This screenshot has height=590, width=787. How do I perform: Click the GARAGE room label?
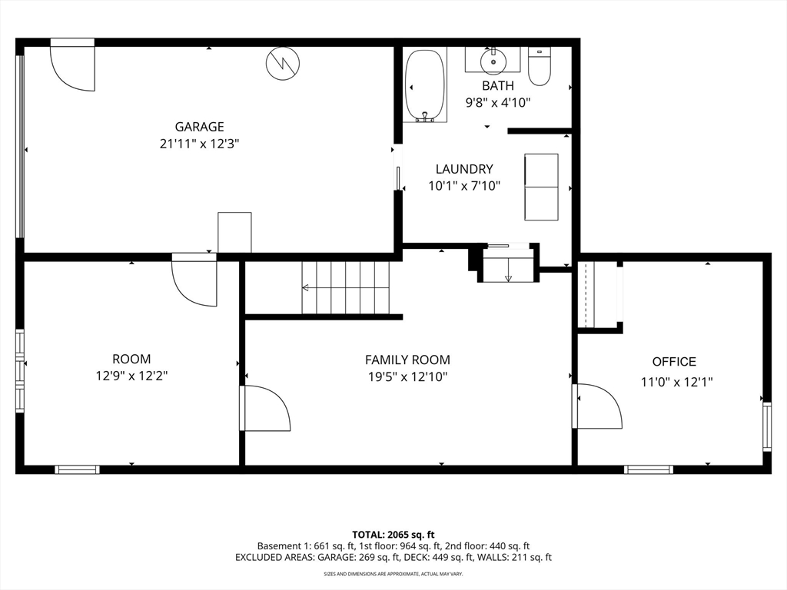tap(199, 127)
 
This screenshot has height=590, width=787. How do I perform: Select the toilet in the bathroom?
tap(540, 66)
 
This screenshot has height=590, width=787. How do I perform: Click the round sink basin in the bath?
tap(493, 61)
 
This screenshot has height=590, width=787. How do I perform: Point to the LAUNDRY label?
tap(464, 169)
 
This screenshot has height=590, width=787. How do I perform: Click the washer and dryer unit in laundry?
tap(541, 187)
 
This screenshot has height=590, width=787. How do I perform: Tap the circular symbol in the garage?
tap(283, 63)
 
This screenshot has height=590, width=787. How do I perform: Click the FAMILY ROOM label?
tap(407, 360)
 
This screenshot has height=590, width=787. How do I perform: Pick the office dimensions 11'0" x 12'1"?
tap(676, 383)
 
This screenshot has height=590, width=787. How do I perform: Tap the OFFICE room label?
tap(674, 362)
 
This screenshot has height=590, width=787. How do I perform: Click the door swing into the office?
tap(597, 406)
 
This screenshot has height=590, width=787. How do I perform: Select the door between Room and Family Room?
tap(265, 408)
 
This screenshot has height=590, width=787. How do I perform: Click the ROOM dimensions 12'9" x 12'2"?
tap(131, 376)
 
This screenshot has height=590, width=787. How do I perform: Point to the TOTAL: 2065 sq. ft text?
tap(393, 535)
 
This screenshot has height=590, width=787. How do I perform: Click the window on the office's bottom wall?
tap(649, 469)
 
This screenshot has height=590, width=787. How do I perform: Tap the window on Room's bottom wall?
tap(77, 469)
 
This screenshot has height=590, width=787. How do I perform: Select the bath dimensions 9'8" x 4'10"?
tap(498, 103)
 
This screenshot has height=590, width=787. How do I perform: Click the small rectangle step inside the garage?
tap(234, 232)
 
